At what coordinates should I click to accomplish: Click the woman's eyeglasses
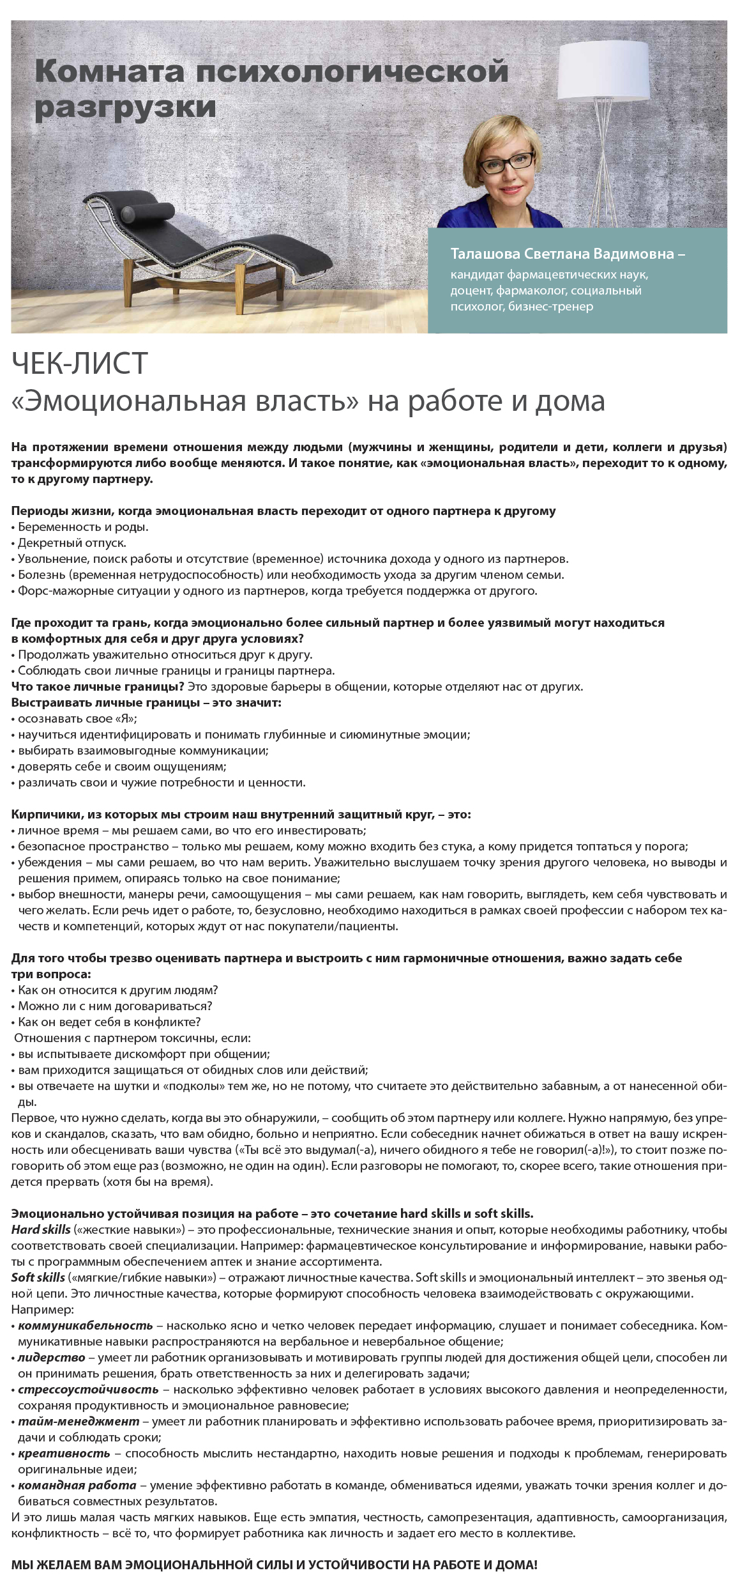[509, 165]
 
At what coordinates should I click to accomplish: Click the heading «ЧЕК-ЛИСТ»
[80, 365]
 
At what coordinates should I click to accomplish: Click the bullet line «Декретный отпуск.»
[69, 543]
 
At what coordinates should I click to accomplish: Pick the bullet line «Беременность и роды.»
[80, 527]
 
